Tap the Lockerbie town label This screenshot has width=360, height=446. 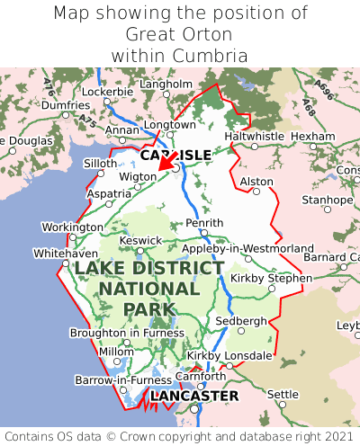pyautogui.click(x=108, y=92)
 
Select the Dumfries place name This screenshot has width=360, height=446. pyautogui.click(x=66, y=105)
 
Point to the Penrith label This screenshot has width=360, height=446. pyautogui.click(x=203, y=222)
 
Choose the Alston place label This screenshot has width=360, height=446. pyautogui.click(x=256, y=182)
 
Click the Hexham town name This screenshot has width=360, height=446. pyautogui.click(x=313, y=136)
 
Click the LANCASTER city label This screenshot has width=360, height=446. pyautogui.click(x=194, y=396)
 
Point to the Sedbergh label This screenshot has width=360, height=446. pyautogui.click(x=241, y=321)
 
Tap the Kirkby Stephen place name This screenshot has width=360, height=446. pyautogui.click(x=271, y=278)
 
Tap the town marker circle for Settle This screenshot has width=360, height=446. pyautogui.click(x=282, y=406)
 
